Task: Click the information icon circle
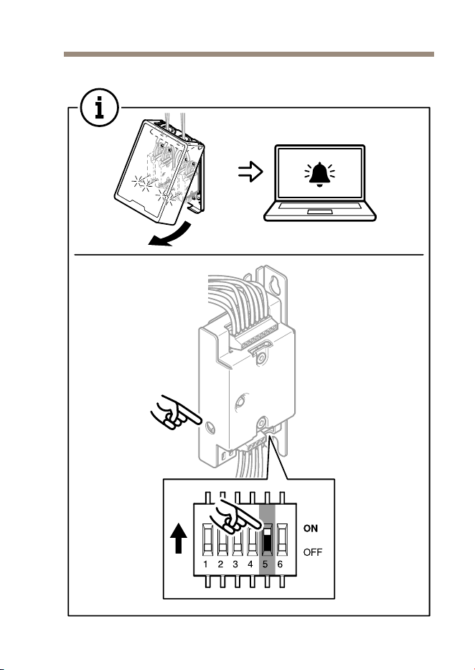(x=100, y=107)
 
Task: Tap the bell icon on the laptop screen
(x=319, y=175)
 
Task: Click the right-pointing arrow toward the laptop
(x=250, y=172)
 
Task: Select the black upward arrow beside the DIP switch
(x=179, y=539)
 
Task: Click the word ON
(x=311, y=529)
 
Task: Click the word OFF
(x=313, y=552)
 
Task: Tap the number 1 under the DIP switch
(x=206, y=564)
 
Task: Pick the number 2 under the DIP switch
(x=221, y=564)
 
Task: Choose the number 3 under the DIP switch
(x=235, y=564)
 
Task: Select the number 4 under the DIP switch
(x=250, y=564)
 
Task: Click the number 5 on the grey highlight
(x=265, y=564)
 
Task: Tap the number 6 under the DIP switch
(x=280, y=564)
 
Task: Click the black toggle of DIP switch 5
(x=267, y=543)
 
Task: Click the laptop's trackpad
(x=319, y=212)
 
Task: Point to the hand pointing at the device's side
(x=174, y=412)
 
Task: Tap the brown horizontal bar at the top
(x=249, y=55)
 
